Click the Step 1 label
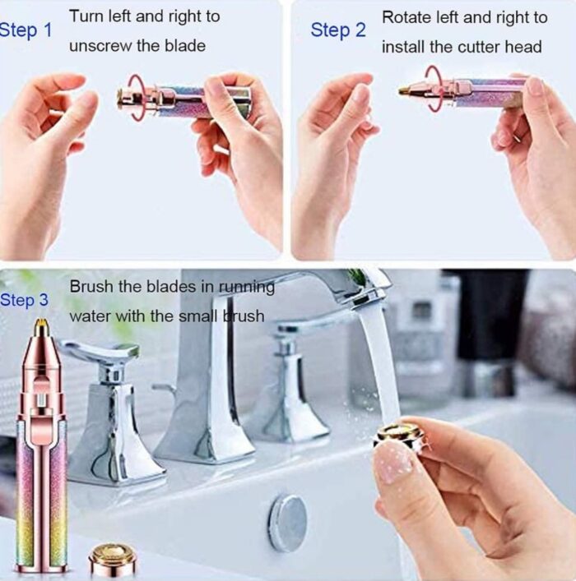click(x=26, y=30)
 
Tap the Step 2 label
click(x=338, y=30)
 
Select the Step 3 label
click(x=24, y=300)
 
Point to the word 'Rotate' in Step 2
click(x=406, y=17)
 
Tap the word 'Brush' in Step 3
click(x=91, y=287)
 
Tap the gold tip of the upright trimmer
click(x=40, y=325)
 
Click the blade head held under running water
click(x=400, y=437)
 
